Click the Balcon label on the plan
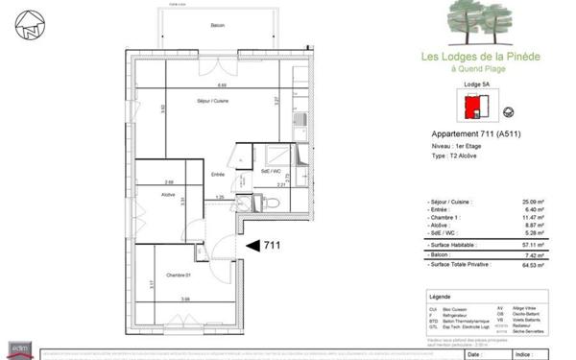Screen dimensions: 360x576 (218, 25)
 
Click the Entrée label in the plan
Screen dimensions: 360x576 (217, 174)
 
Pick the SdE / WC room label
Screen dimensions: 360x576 (270, 172)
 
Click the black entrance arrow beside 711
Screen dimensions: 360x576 (252, 246)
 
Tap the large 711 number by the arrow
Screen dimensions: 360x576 (273, 246)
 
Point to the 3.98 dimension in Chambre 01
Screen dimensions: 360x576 (185, 299)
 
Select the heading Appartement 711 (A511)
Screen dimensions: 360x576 (468, 133)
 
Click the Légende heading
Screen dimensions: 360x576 (441, 298)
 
